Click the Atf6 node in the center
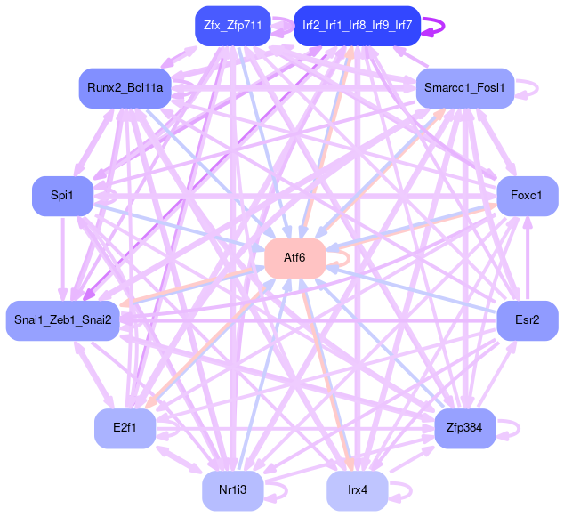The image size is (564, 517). coord(294,258)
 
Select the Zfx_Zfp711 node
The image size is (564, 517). coord(232,26)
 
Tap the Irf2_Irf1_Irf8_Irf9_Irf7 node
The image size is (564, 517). coord(357,26)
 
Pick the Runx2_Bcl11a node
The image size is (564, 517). coord(124,87)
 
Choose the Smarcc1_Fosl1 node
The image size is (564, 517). coord(464,87)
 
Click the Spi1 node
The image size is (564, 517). coord(62,196)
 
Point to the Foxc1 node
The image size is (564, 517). coord(527,196)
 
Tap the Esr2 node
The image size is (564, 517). coord(527,320)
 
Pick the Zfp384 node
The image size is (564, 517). coord(464,428)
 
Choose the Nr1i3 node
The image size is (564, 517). coord(232,489)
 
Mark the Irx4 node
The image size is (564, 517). coord(357,489)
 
